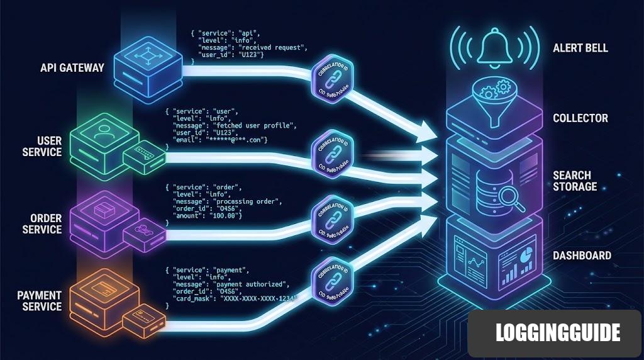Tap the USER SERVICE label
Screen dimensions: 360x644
(x=42, y=146)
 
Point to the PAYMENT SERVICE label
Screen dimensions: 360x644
(x=39, y=301)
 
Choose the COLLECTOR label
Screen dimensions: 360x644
(x=580, y=118)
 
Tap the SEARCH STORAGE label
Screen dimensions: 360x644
(x=575, y=181)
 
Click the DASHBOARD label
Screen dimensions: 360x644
(x=582, y=256)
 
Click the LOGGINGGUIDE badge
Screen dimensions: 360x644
(x=557, y=332)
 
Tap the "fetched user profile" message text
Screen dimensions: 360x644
(x=261, y=126)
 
